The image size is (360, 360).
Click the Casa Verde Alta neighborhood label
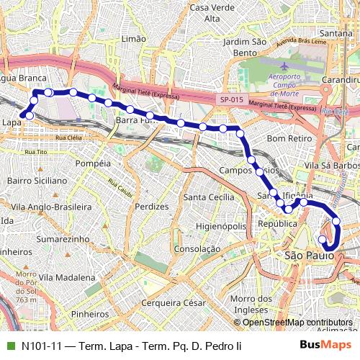point(212,13)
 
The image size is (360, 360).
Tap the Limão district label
point(134,38)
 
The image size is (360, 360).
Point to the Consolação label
point(197,248)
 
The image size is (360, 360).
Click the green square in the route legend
point(9,346)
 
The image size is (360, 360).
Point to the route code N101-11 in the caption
point(40,346)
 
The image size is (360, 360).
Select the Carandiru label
point(341,79)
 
